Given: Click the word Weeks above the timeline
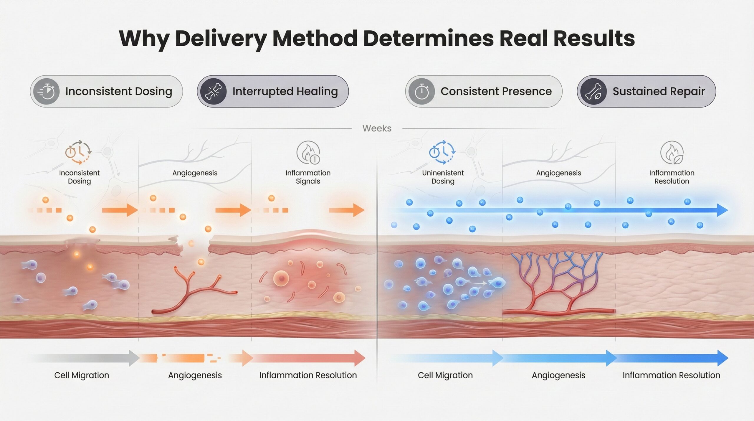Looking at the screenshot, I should (377, 128).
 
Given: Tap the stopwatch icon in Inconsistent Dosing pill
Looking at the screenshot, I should (46, 91).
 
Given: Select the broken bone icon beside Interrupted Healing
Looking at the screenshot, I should (214, 91).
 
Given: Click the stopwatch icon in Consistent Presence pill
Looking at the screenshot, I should (421, 91).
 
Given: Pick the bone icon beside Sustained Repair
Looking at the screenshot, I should (593, 91).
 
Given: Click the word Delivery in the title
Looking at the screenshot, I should (221, 39).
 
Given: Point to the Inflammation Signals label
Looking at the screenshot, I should (308, 177).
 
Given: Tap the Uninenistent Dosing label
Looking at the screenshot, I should (443, 177).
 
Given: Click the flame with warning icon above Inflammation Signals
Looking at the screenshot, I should (308, 153).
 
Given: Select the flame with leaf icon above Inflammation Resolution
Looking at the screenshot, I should (672, 153).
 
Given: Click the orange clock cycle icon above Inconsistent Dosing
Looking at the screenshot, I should (78, 153).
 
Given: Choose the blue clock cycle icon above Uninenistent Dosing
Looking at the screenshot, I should (442, 153).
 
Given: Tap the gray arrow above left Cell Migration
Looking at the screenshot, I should (88, 358).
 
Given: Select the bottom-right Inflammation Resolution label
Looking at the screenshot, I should (671, 375).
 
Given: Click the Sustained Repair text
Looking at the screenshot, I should (659, 91).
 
